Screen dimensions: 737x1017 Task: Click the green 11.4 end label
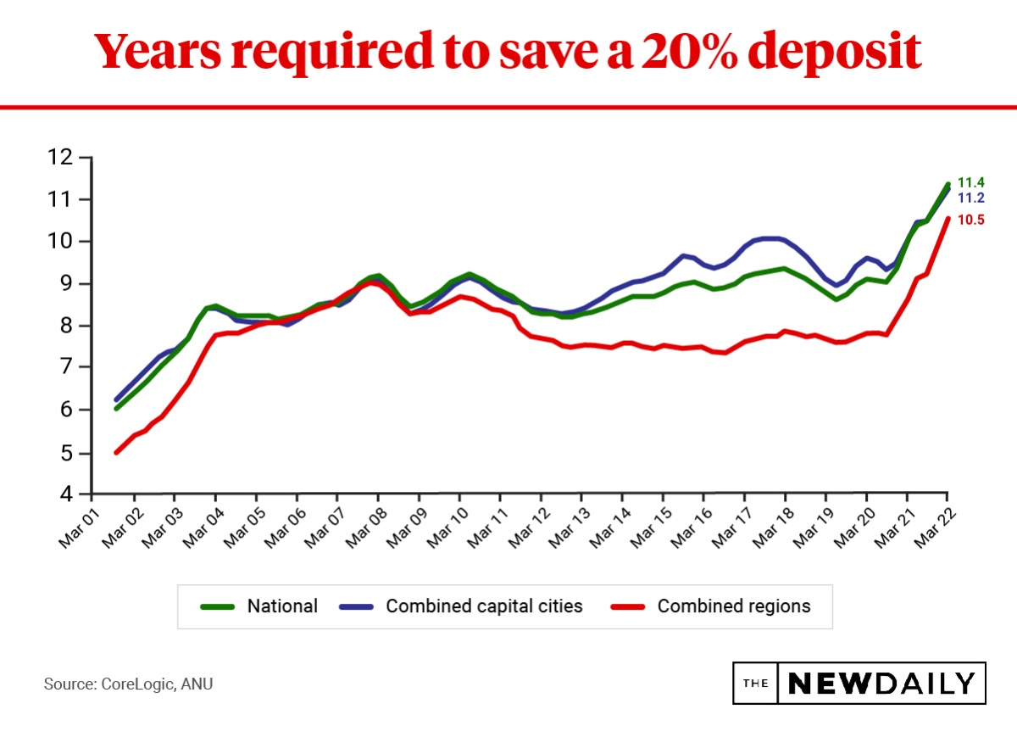click(970, 182)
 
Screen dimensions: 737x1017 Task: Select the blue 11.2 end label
click(970, 198)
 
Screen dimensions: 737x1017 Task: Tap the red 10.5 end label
click(970, 220)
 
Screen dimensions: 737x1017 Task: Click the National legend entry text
click(282, 606)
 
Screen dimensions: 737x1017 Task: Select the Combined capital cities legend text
click(484, 606)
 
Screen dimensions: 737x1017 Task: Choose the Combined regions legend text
click(734, 606)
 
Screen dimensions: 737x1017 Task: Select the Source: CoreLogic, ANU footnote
click(128, 683)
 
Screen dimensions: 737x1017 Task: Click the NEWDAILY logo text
click(881, 684)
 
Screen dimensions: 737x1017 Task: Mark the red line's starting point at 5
click(116, 452)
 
